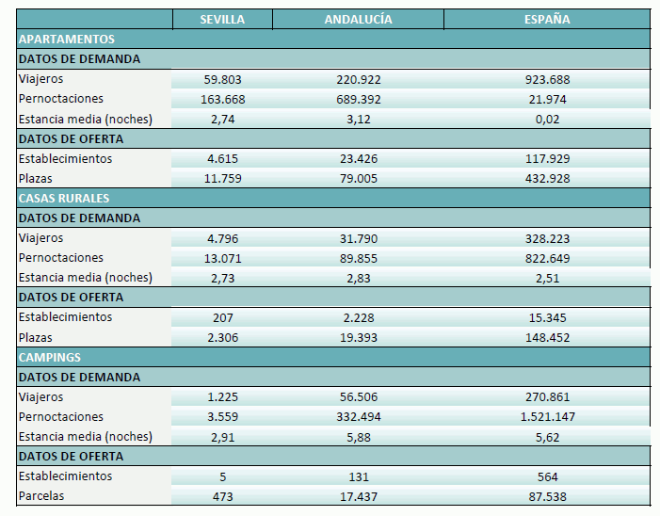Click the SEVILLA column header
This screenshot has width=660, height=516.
[x=223, y=20]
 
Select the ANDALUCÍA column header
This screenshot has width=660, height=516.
[x=358, y=20]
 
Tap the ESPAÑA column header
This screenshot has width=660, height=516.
[x=547, y=20]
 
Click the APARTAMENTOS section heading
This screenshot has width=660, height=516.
[x=67, y=40]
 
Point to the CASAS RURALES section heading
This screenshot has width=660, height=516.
[x=64, y=199]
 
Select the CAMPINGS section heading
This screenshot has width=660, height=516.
[x=49, y=358]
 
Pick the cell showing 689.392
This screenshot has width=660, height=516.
[x=358, y=100]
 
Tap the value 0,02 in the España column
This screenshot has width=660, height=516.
[x=547, y=120]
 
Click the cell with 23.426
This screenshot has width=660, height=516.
[x=358, y=159]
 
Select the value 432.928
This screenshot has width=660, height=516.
[x=547, y=179]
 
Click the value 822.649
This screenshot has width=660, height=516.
[x=547, y=259]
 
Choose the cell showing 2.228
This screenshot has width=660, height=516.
[x=358, y=318]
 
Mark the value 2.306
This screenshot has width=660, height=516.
[x=223, y=338]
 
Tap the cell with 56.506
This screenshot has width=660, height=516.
[x=358, y=397]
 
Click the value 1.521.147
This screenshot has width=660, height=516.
[x=547, y=417]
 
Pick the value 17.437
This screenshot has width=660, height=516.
[x=358, y=496]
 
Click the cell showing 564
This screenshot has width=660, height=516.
[x=547, y=476]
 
